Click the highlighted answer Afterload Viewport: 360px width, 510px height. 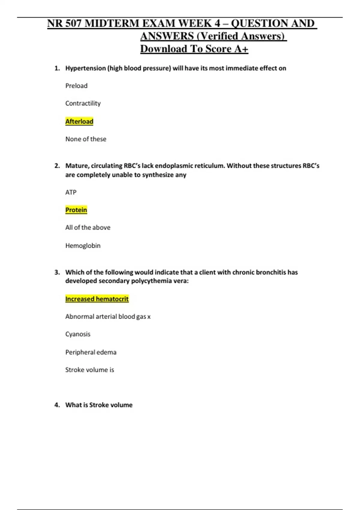click(x=79, y=121)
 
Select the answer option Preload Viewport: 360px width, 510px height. click(x=76, y=86)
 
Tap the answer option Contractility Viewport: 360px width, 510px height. click(x=83, y=103)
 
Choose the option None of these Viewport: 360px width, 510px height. click(x=85, y=139)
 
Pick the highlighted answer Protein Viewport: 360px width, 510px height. click(x=76, y=210)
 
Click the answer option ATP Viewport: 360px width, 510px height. click(x=71, y=192)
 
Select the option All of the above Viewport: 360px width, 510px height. click(x=88, y=228)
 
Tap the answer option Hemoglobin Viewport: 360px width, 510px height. click(x=83, y=246)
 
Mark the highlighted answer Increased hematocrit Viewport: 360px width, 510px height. click(x=97, y=299)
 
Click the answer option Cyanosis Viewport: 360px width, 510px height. click(x=78, y=334)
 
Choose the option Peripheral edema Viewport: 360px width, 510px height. click(x=91, y=352)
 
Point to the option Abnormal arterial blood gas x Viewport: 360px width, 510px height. click(x=108, y=316)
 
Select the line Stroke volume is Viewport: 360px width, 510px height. click(x=89, y=370)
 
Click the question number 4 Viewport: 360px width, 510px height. click(x=57, y=405)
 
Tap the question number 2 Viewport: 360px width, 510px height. click(x=57, y=166)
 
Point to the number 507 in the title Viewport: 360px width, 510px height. click(x=73, y=23)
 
